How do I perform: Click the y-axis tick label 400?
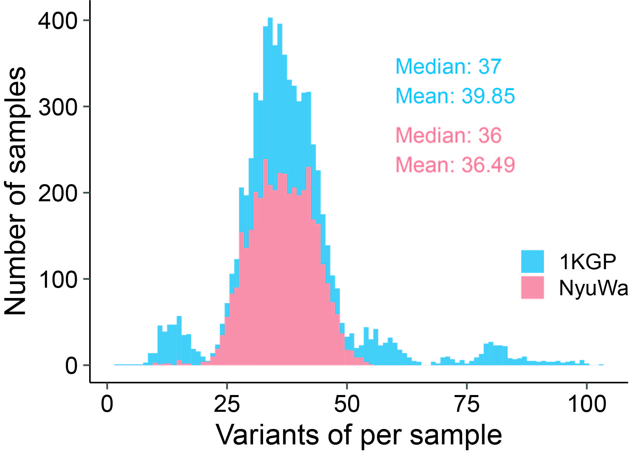(58, 21)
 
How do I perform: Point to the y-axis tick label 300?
(58, 107)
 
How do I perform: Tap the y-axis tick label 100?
(58, 279)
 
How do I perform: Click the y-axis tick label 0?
(71, 366)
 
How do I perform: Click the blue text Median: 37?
(448, 67)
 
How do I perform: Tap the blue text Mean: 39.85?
(455, 96)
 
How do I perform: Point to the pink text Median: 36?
(448, 135)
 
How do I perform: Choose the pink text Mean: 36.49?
(455, 165)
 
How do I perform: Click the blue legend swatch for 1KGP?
(532, 261)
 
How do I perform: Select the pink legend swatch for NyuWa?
(532, 287)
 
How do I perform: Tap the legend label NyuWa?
(593, 288)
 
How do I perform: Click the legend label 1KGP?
(588, 262)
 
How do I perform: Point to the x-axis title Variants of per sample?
(359, 435)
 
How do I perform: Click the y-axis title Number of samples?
(15, 191)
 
